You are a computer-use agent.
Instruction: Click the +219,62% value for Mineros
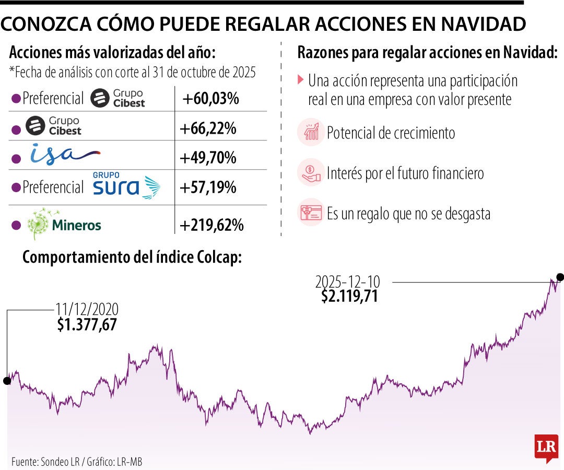(211, 226)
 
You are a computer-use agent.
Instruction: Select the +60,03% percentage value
(211, 98)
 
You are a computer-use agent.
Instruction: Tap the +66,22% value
(208, 128)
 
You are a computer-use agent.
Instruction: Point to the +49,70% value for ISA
(208, 158)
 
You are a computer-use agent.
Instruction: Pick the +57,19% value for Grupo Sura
(208, 187)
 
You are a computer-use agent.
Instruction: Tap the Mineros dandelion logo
(39, 224)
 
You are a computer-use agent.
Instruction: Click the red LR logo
(546, 448)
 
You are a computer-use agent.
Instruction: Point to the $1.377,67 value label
(87, 325)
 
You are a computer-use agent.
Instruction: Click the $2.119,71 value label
(349, 297)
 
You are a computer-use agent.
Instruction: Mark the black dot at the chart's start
(7, 381)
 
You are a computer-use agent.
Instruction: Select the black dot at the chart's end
(560, 277)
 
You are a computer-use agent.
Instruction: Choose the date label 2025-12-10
(348, 282)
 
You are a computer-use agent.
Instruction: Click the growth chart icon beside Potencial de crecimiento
(311, 133)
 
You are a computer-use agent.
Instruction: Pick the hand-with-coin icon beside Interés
(311, 172)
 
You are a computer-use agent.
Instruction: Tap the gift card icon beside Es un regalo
(311, 213)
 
